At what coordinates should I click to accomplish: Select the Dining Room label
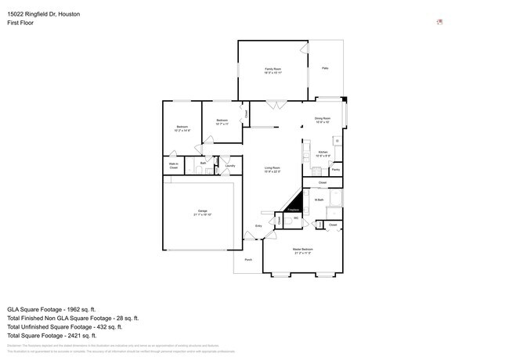coord(323,120)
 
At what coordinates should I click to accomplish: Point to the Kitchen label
coord(323,154)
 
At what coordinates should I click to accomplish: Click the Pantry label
coord(335,169)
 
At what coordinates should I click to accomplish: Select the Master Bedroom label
coord(303,252)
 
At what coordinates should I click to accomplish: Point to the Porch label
coord(248,259)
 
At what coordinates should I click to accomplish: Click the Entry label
coord(258,227)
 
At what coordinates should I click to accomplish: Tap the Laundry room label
coord(230,166)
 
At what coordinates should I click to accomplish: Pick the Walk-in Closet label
coord(174,166)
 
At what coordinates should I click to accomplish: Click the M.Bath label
coord(319,200)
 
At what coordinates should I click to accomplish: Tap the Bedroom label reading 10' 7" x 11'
coord(222,121)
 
